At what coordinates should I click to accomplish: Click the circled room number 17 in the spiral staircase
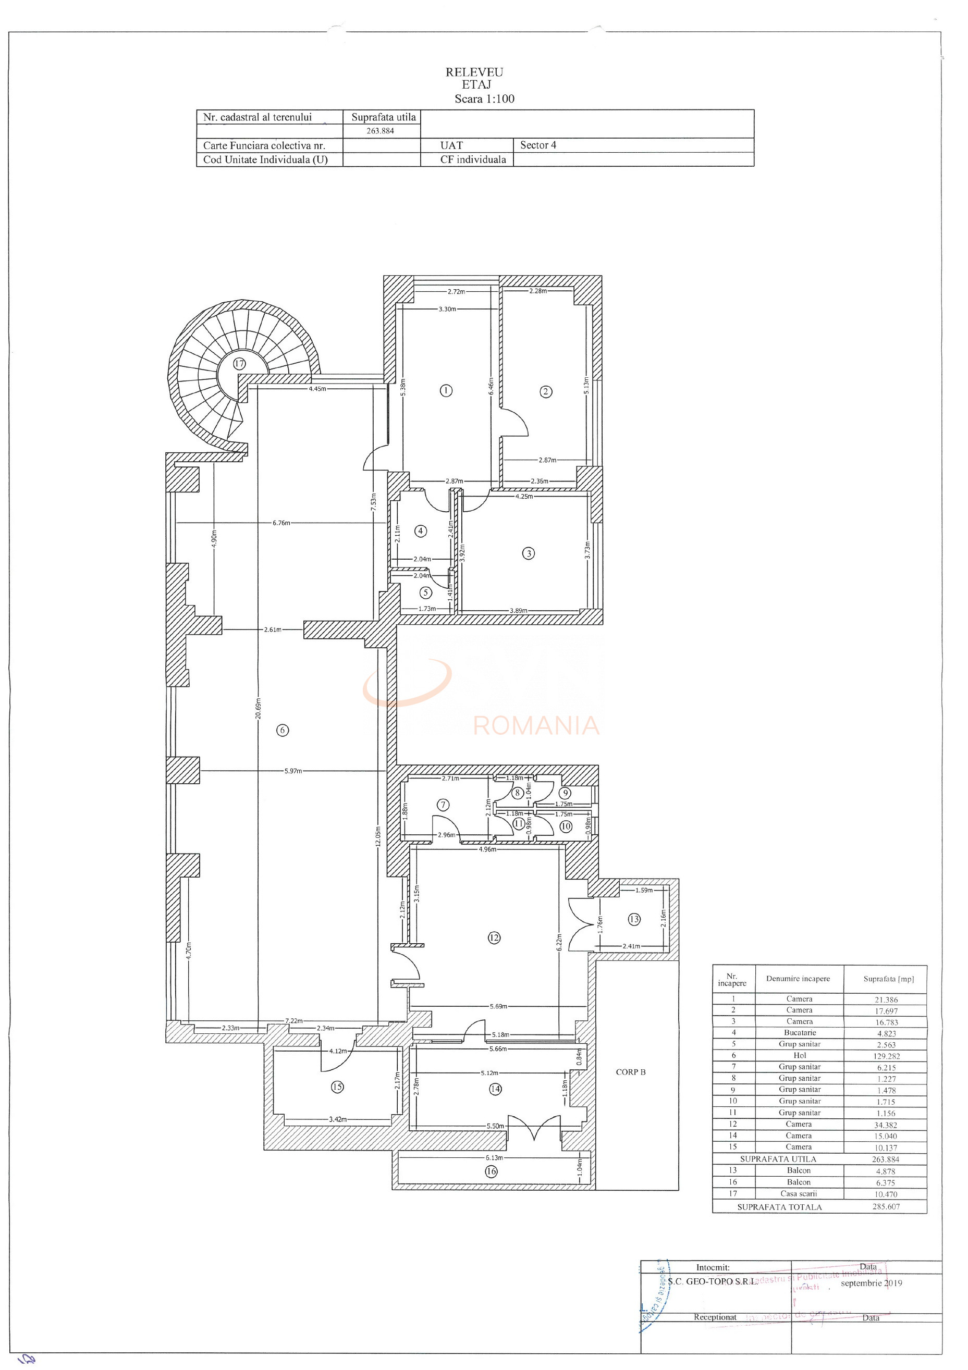tap(239, 363)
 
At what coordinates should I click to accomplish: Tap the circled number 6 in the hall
tap(283, 730)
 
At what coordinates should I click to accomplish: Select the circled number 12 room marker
tap(494, 937)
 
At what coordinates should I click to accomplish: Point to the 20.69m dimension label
tap(259, 708)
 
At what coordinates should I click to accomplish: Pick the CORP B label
tap(630, 1072)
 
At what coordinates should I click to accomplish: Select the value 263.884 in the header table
tap(380, 131)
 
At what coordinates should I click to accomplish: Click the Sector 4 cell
tap(538, 145)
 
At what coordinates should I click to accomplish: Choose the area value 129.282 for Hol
tap(886, 1056)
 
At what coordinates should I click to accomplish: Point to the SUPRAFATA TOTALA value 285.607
tap(886, 1206)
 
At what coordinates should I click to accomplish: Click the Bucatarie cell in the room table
tap(800, 1032)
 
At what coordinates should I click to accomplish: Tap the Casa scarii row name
tap(799, 1193)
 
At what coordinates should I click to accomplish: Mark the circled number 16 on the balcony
tap(491, 1171)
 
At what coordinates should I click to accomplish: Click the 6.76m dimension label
tap(281, 523)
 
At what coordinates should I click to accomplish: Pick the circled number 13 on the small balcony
tap(634, 919)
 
